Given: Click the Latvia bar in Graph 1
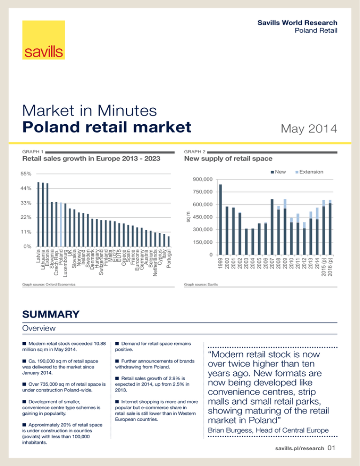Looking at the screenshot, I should point(38,214).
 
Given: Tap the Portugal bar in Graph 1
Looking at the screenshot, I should point(169,241).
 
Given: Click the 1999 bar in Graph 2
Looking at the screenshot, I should point(221,219).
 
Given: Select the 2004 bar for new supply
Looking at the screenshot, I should point(253,241).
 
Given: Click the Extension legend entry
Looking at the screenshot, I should point(310,172).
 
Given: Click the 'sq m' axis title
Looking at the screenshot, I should point(188,217).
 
